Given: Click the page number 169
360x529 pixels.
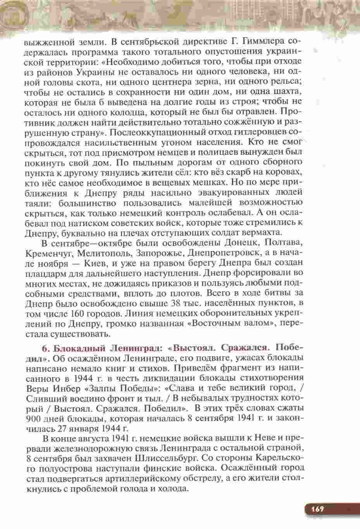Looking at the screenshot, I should click(316, 508).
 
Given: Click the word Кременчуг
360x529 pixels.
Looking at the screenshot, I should click(48, 253).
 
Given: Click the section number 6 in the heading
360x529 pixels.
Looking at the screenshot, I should click(43, 346).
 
